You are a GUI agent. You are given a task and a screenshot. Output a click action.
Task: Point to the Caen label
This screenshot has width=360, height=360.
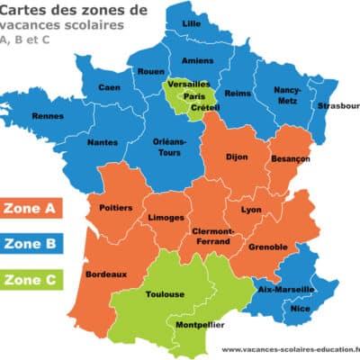109,87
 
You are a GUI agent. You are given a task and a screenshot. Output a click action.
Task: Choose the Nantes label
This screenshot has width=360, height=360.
102,141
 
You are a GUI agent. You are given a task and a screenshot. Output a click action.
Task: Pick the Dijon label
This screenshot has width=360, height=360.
237,157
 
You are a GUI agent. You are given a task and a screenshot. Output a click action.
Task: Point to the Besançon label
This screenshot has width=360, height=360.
289,158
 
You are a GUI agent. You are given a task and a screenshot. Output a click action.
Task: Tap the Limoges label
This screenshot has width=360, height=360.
168,218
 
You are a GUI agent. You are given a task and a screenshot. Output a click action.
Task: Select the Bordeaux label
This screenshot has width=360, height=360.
106,274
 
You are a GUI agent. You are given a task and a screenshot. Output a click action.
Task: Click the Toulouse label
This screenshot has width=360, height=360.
166,293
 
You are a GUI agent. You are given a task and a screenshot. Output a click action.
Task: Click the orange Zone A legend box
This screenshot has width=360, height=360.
31,209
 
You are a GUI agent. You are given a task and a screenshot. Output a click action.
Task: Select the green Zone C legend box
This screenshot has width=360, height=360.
31,279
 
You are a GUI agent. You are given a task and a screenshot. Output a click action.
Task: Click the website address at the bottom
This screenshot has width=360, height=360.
290,350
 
